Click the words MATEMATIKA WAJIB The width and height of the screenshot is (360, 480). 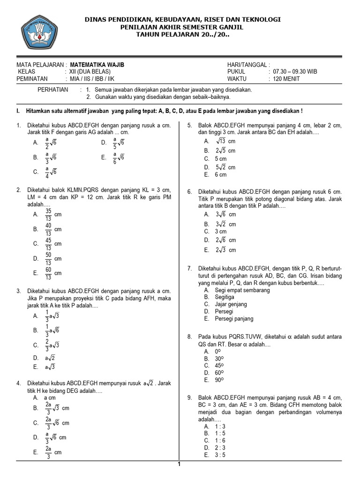pyautogui.click(x=97, y=65)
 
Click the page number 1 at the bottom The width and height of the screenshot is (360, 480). pyautogui.click(x=179, y=465)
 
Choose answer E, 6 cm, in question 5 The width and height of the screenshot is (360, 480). pyautogui.click(x=220, y=174)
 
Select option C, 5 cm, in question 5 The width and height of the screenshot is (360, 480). pyautogui.click(x=220, y=159)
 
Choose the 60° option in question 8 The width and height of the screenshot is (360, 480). pyautogui.click(x=218, y=373)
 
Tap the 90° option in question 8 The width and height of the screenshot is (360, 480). pyautogui.click(x=218, y=380)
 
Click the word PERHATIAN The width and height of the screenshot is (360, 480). pyautogui.click(x=52, y=90)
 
